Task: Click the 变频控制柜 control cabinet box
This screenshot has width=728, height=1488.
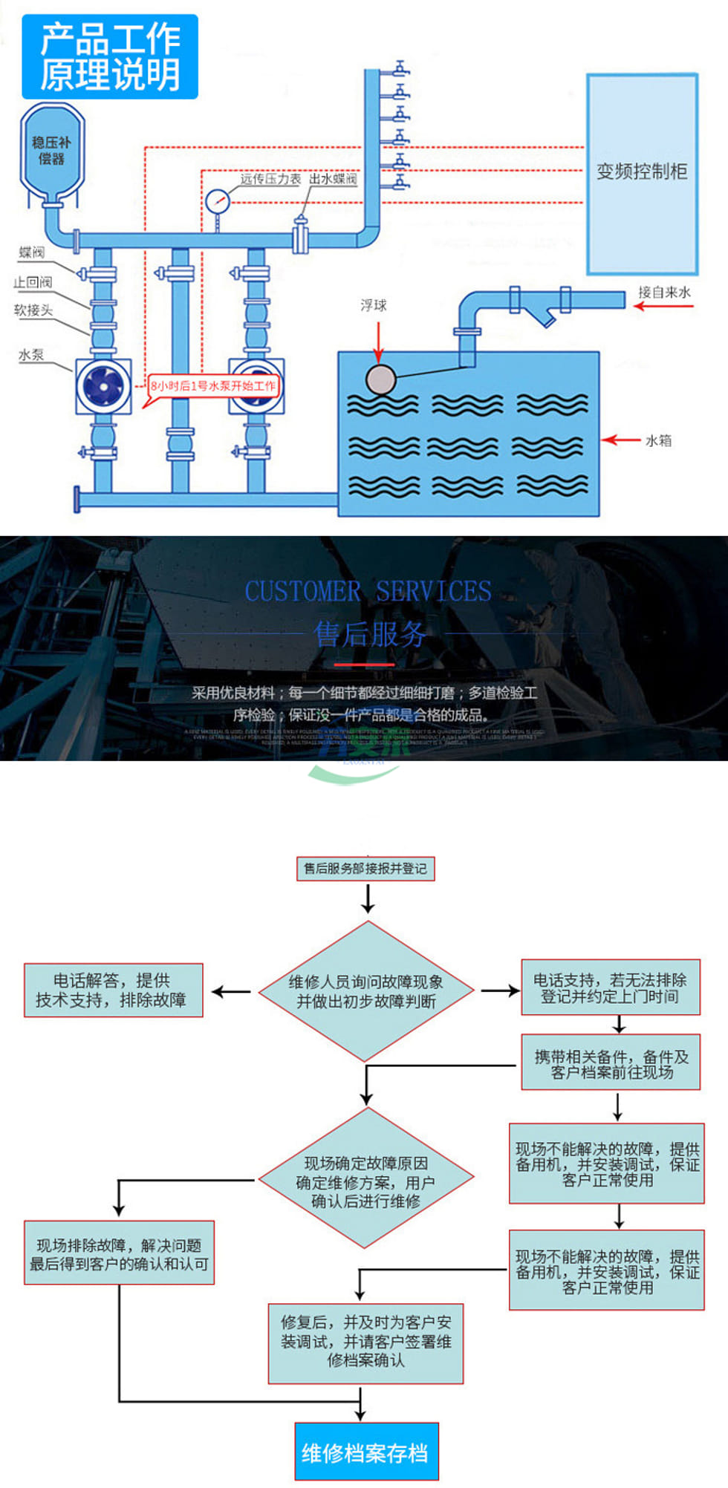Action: (x=642, y=174)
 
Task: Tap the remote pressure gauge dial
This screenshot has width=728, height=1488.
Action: (x=218, y=200)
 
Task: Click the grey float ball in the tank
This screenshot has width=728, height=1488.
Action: (x=380, y=379)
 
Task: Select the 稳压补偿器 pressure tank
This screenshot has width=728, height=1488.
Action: (x=51, y=151)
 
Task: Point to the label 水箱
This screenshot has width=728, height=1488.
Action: (x=658, y=440)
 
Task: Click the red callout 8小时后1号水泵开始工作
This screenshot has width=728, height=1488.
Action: (x=212, y=386)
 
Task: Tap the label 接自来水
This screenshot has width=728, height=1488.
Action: (x=664, y=293)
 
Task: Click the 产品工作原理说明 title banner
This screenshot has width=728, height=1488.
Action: (x=110, y=56)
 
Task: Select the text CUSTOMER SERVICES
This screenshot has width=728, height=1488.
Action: (x=368, y=591)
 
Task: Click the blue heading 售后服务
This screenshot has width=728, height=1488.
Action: (x=370, y=633)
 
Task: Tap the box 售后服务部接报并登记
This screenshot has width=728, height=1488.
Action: (x=365, y=868)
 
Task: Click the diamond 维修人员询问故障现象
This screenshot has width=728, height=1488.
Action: (x=366, y=991)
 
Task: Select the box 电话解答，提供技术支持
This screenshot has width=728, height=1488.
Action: (x=113, y=990)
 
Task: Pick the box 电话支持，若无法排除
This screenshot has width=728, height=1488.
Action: (x=610, y=988)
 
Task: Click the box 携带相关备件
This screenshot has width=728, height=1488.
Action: (x=611, y=1063)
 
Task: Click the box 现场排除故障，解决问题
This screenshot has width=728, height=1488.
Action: (x=119, y=1253)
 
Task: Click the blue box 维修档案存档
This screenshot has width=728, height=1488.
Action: (x=366, y=1452)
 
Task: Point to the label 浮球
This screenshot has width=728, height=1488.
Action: (x=374, y=305)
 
